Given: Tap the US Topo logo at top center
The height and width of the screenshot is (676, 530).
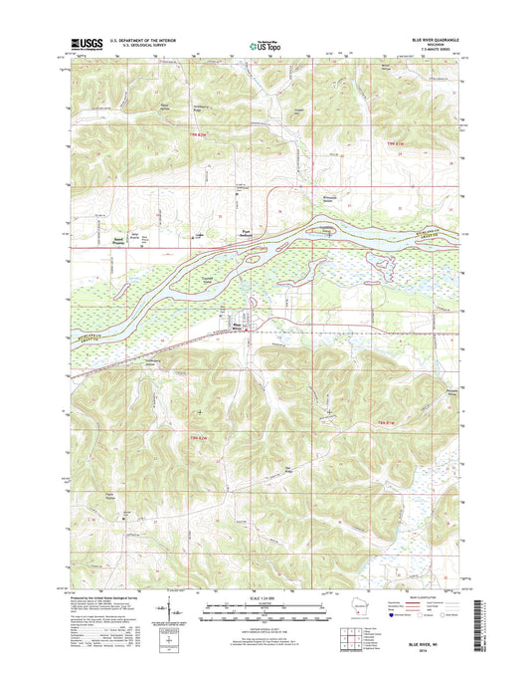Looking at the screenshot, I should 265,43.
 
